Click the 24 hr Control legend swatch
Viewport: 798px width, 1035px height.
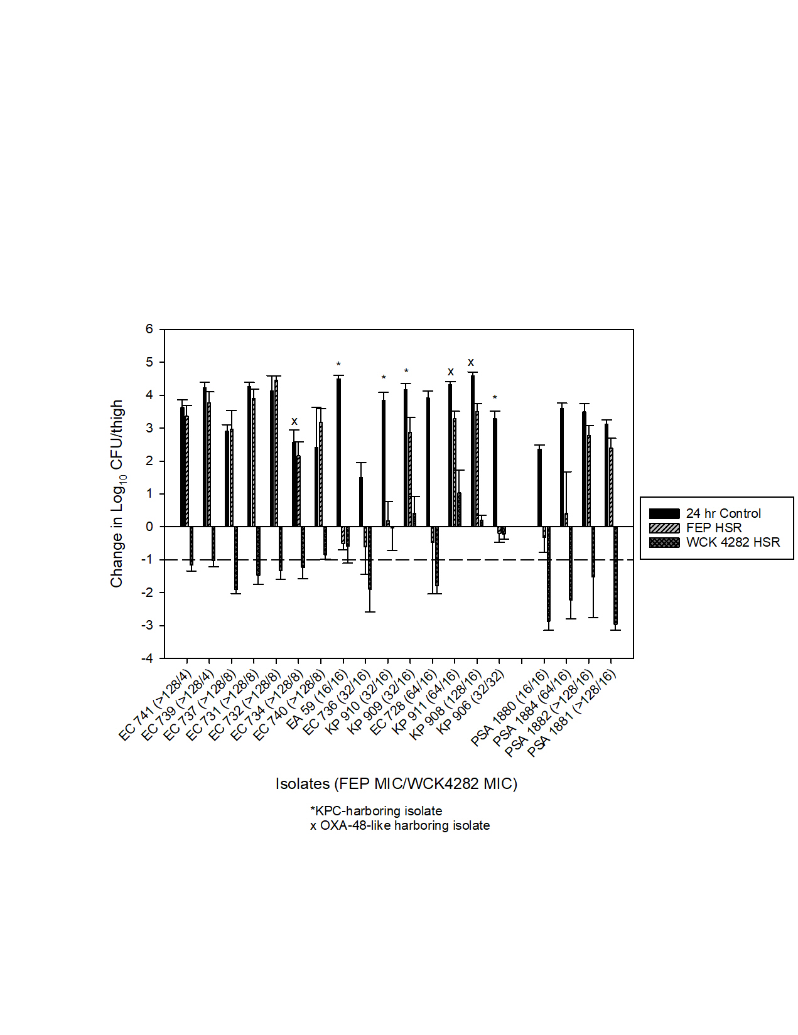pos(664,513)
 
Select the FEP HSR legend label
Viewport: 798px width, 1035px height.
pos(714,528)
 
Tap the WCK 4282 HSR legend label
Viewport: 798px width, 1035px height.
pos(733,542)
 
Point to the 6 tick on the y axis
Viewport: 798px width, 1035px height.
pos(149,329)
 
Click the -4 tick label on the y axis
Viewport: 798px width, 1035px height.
pos(148,658)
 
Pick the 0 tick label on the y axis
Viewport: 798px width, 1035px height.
pos(149,527)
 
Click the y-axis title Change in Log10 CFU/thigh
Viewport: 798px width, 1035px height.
pos(117,494)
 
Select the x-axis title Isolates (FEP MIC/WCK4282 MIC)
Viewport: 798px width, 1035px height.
pos(396,784)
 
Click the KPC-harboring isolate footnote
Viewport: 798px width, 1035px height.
pos(376,811)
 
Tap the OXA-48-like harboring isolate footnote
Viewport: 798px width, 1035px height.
pos(400,825)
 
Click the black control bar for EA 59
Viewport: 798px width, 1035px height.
pos(338,453)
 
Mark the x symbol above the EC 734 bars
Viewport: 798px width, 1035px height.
pos(294,422)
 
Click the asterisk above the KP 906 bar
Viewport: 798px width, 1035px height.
pos(495,398)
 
